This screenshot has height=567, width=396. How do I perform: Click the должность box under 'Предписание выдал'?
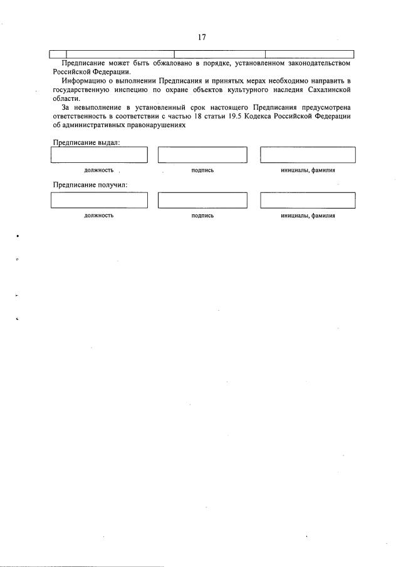click(99, 154)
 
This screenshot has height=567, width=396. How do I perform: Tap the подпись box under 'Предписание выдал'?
click(202, 154)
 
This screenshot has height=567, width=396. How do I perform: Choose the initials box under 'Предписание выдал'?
click(308, 154)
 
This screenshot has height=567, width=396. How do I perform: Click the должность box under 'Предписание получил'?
click(99, 200)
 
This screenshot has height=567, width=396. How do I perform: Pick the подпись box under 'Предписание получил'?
click(202, 200)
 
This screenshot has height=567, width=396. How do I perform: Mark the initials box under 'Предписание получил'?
click(308, 200)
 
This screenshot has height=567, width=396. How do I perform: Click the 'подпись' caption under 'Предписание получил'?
click(202, 216)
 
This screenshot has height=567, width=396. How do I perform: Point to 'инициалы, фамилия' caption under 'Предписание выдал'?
click(308, 170)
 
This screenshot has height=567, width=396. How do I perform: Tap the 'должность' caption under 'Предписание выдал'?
click(99, 170)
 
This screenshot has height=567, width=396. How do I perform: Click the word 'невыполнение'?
click(101, 107)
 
